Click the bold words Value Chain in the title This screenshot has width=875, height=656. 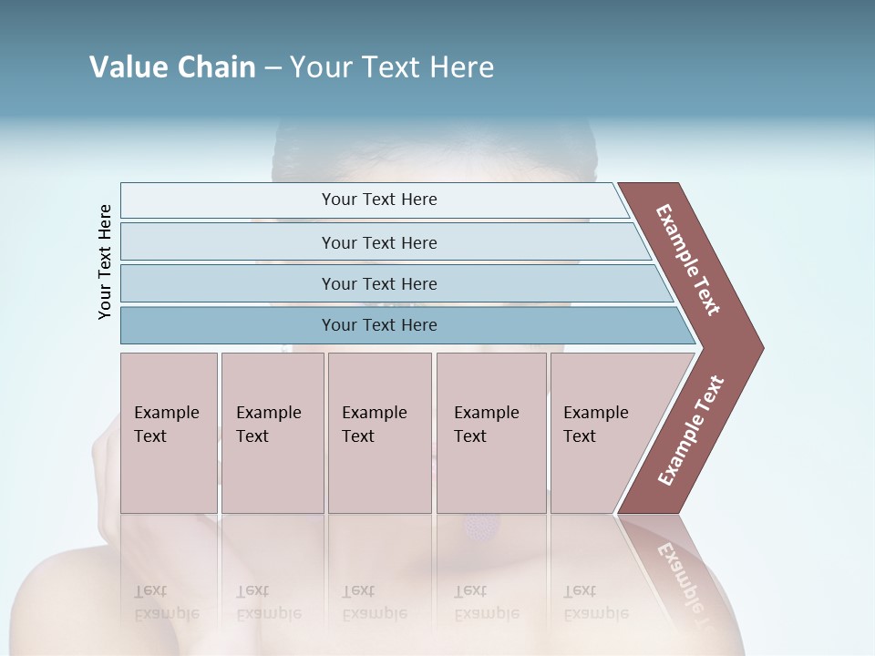click(172, 67)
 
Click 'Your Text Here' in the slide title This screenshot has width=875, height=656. click(392, 67)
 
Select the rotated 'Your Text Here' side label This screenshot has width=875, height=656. click(105, 261)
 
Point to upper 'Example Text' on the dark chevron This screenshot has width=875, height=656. click(688, 259)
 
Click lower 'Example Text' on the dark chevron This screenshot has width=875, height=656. click(691, 430)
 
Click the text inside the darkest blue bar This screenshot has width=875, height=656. click(379, 325)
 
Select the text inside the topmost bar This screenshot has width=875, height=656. click(379, 200)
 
